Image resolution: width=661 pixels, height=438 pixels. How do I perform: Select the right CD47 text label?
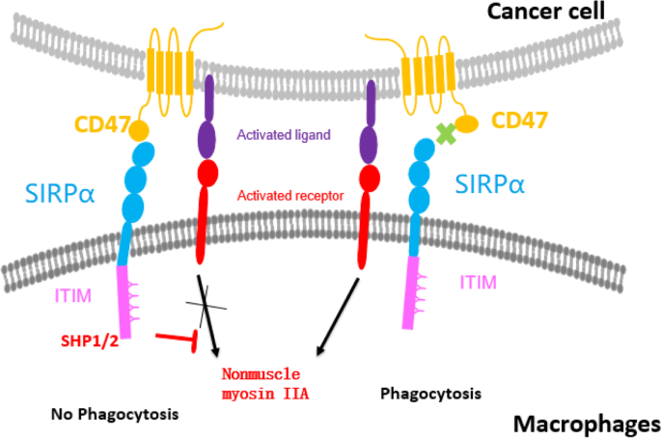[x=521, y=122]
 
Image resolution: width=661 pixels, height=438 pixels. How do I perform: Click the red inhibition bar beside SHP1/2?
[x=179, y=338]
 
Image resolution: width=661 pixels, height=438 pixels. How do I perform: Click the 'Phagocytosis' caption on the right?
[x=429, y=394]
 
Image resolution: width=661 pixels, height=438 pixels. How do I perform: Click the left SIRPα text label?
[x=61, y=188]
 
